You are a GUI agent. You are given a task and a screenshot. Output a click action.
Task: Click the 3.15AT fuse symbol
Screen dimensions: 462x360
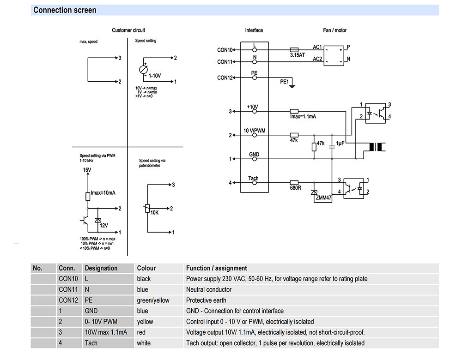coord(294,50)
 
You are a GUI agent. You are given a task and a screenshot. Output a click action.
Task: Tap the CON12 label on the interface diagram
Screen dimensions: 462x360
coord(225,78)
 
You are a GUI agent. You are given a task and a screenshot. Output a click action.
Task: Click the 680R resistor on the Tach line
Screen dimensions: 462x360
coord(294,183)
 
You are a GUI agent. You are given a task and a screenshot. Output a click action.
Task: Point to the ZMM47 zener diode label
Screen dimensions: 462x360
coord(323,198)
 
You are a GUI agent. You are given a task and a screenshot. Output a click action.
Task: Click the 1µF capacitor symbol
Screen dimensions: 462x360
coord(332,145)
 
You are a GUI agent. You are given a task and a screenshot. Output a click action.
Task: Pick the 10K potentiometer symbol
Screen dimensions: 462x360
coord(147,209)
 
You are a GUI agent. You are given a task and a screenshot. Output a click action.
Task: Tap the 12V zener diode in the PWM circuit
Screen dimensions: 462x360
coord(98,220)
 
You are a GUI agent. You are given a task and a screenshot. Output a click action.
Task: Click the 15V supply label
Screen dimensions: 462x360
coord(87,170)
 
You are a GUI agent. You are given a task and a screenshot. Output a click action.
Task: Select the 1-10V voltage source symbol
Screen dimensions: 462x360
coord(144,70)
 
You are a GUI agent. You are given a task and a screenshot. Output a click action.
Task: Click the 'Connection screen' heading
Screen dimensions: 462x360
coord(65,10)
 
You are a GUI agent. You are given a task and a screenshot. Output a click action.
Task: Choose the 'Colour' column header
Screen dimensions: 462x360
coord(146,268)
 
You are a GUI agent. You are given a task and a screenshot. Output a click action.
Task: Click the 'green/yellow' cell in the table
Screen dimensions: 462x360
coord(153,300)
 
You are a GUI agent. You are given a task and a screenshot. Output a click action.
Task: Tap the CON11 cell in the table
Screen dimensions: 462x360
coord(68,289)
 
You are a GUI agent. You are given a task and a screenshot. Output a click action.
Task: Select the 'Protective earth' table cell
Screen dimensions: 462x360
coord(206,300)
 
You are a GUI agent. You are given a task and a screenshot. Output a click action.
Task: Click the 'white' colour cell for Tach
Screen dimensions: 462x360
coord(144,343)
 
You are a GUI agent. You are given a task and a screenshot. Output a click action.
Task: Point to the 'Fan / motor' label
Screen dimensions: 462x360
coord(334,30)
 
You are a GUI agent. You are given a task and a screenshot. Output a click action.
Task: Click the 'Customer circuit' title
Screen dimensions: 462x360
coord(128,30)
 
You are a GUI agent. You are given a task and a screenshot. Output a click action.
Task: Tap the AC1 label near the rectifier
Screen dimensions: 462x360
coord(317,47)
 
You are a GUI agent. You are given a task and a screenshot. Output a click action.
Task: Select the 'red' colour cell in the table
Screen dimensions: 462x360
coord(141,332)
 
